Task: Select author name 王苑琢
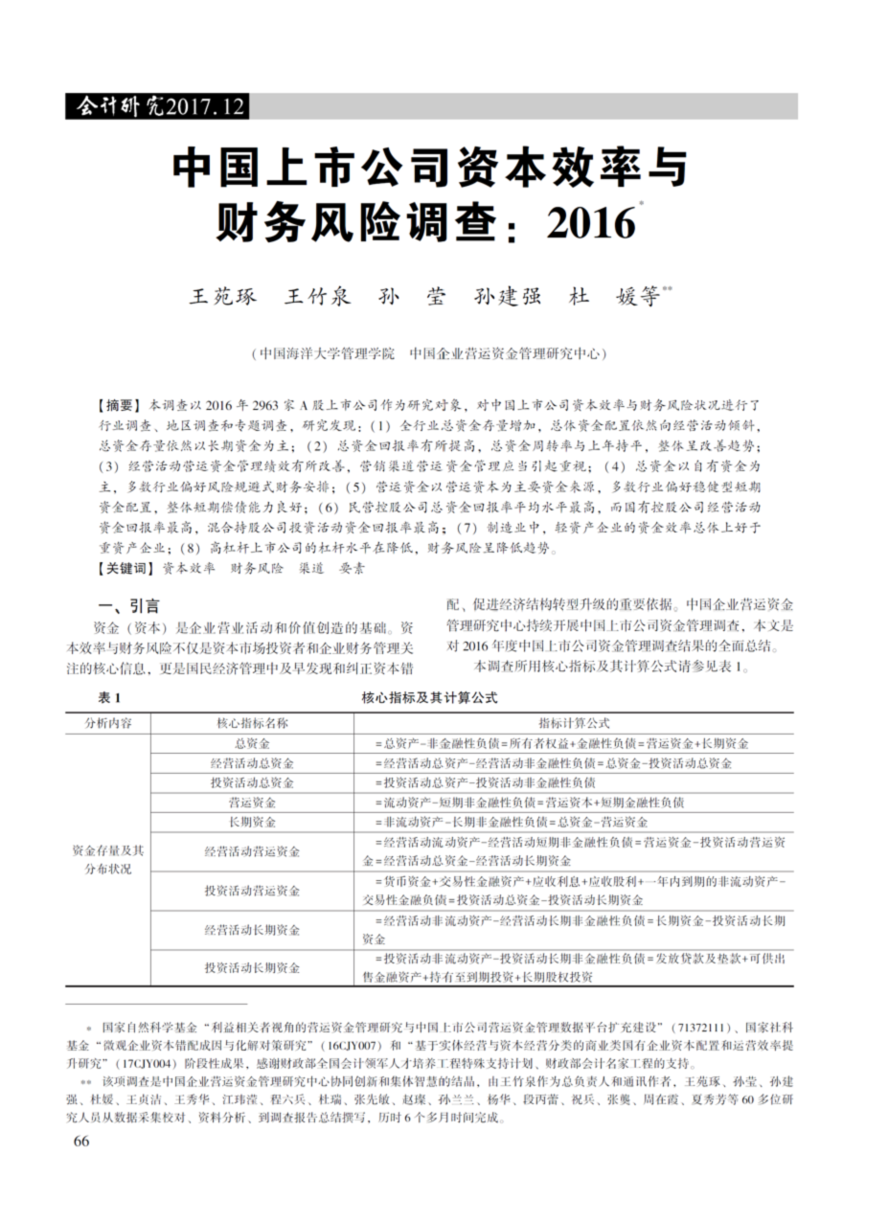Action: pyautogui.click(x=223, y=297)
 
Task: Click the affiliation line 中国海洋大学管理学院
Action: pyautogui.click(x=325, y=353)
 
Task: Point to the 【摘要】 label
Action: pyautogui.click(x=117, y=405)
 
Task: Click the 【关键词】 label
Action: pyautogui.click(x=124, y=568)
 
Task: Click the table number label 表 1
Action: pyautogui.click(x=110, y=698)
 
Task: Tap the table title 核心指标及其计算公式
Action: pyautogui.click(x=430, y=698)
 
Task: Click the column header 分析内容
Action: pyautogui.click(x=108, y=723)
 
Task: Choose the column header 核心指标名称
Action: pyautogui.click(x=252, y=723)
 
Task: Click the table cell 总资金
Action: pyautogui.click(x=252, y=743)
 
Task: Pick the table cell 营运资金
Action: pyautogui.click(x=252, y=803)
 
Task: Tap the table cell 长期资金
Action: pyautogui.click(x=252, y=823)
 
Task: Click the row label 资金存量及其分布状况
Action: pyautogui.click(x=108, y=860)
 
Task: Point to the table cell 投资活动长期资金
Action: pyautogui.click(x=252, y=968)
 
